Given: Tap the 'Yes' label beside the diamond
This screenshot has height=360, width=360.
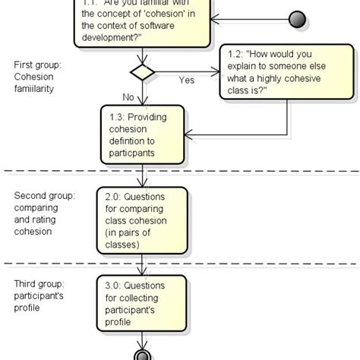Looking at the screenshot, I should click(x=185, y=80).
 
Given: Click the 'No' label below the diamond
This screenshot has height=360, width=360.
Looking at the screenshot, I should click(x=129, y=96).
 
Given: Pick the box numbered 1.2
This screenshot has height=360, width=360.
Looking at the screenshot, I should click(x=286, y=73).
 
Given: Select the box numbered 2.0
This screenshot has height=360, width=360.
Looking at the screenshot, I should click(x=142, y=220).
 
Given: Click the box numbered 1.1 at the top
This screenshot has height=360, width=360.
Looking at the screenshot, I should click(x=142, y=23).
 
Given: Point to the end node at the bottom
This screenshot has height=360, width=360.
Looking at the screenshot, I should click(x=142, y=354).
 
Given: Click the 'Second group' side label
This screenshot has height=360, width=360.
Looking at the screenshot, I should click(x=43, y=196).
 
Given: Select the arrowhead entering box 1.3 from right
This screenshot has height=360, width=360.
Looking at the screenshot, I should click(x=190, y=136).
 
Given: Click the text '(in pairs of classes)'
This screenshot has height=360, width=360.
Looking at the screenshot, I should click(x=136, y=239).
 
